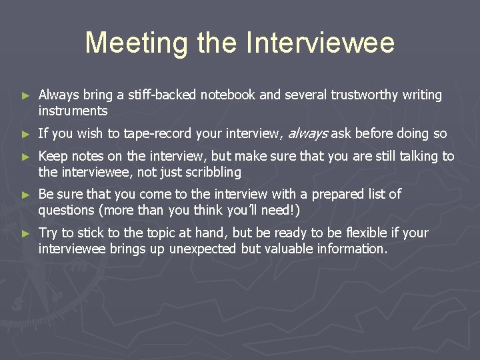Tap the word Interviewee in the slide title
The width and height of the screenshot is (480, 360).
(x=320, y=43)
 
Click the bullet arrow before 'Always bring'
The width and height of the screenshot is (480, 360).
(x=26, y=96)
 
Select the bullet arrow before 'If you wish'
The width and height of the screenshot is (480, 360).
(x=26, y=134)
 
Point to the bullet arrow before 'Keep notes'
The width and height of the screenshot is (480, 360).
(x=26, y=157)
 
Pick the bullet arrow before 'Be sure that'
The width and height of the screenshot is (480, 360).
(x=26, y=195)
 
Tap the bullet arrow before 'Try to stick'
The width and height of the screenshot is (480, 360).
(x=26, y=233)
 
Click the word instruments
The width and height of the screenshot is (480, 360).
(x=73, y=111)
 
